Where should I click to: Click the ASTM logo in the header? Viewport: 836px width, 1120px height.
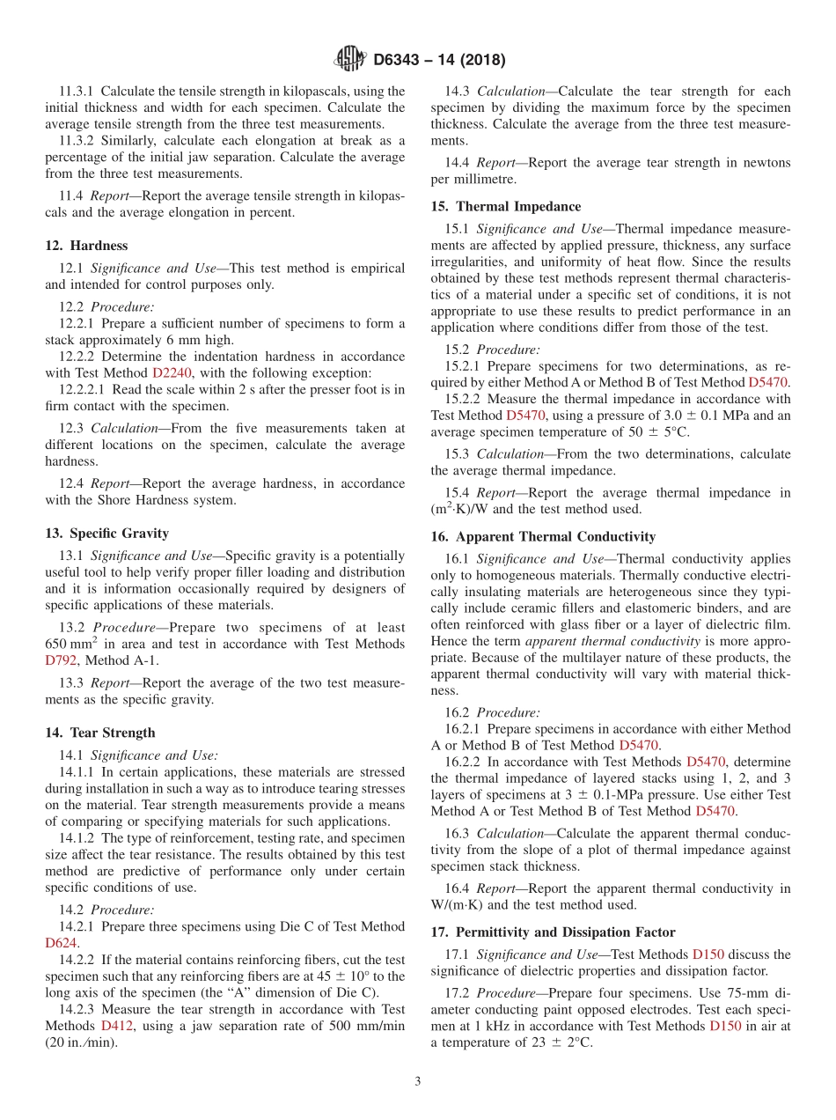350,60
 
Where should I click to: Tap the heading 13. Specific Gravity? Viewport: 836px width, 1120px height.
107,534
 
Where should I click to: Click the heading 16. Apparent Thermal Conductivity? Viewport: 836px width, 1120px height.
543,537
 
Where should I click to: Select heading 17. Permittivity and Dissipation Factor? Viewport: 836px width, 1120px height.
554,932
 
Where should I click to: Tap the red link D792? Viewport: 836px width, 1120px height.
61,660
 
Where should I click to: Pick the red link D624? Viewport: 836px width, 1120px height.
61,943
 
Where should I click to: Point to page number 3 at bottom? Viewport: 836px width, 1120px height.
418,1083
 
